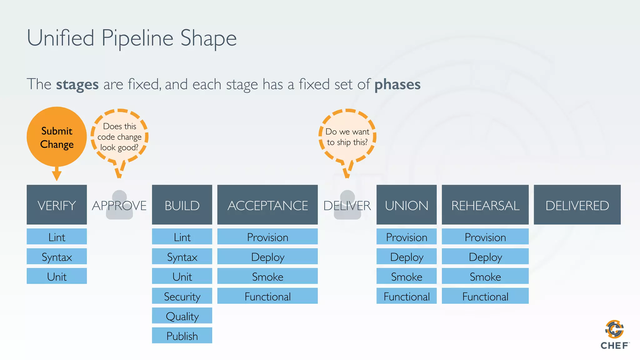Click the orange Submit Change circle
(x=57, y=137)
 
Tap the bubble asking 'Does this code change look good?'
(x=119, y=137)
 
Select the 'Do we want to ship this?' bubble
(x=347, y=137)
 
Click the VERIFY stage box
(x=57, y=205)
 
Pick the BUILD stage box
(x=182, y=205)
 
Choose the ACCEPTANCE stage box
(x=267, y=205)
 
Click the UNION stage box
(x=406, y=205)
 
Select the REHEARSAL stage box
(x=485, y=205)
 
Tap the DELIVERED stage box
(x=577, y=205)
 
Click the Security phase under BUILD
(x=182, y=296)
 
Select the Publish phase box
(x=182, y=335)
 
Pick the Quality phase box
(x=182, y=316)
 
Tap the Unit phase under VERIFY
(x=57, y=276)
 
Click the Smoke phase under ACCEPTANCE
(x=267, y=276)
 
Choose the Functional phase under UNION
(x=406, y=296)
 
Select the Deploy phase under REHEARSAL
(x=485, y=256)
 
